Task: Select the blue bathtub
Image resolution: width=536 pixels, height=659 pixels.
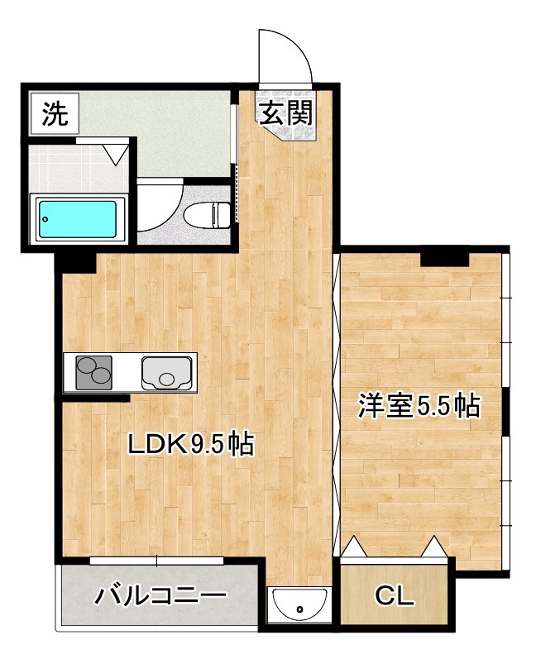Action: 75,218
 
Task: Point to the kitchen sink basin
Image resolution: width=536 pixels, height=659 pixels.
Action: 168,372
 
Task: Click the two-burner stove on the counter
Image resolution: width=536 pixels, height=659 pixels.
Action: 93,372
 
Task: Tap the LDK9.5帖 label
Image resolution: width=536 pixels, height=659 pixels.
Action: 189,444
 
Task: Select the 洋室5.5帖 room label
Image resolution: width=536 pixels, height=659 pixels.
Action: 419,407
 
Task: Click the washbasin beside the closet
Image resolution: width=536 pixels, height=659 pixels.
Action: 299,608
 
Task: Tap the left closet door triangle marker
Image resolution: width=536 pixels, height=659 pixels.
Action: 354,547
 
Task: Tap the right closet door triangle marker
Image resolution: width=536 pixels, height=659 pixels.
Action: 433,547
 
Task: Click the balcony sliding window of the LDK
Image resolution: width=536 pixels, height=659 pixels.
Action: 157,561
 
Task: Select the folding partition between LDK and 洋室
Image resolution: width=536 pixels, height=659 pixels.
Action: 337,405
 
